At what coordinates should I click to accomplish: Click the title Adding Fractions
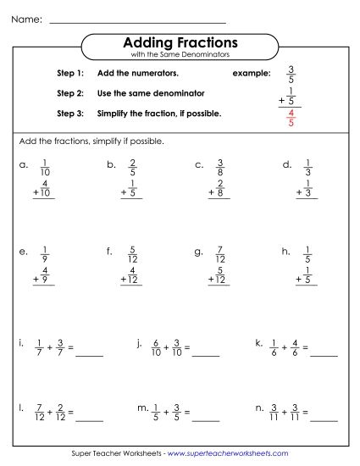[180, 42]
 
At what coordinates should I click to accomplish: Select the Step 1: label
[70, 74]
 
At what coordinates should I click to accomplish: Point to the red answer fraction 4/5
[291, 118]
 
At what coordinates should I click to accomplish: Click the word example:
[252, 74]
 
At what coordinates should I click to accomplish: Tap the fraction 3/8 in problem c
[219, 167]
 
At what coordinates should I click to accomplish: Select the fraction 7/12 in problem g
[219, 254]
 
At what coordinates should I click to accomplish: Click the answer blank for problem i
[89, 351]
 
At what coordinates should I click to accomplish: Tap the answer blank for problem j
[206, 351]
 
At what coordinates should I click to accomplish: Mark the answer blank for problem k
[324, 351]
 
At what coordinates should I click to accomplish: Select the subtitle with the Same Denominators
[180, 55]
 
